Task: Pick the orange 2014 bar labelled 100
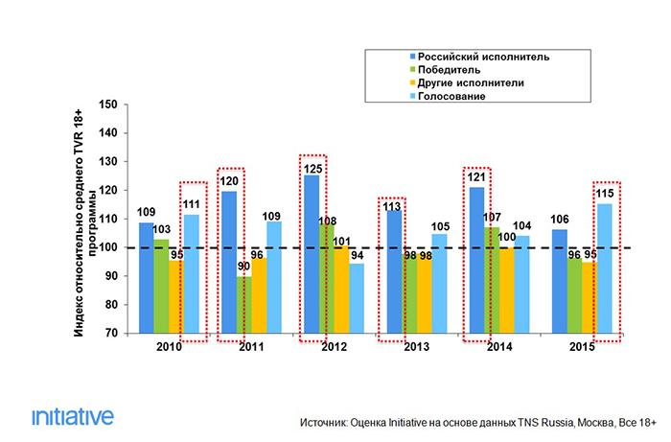tap(506, 291)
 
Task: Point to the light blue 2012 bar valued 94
tap(357, 298)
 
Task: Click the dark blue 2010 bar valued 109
tap(146, 277)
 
